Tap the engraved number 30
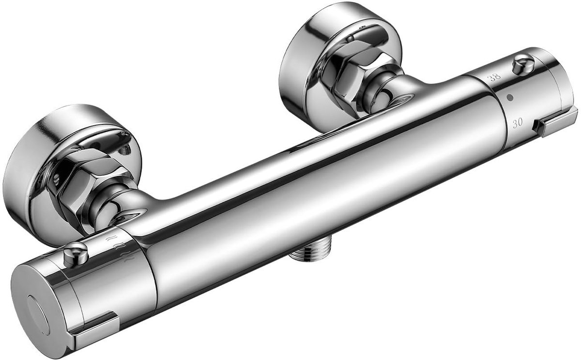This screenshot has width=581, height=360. pos(517,122)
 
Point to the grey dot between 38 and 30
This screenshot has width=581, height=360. pos(510,98)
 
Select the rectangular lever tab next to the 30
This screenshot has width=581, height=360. pos(554,121)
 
